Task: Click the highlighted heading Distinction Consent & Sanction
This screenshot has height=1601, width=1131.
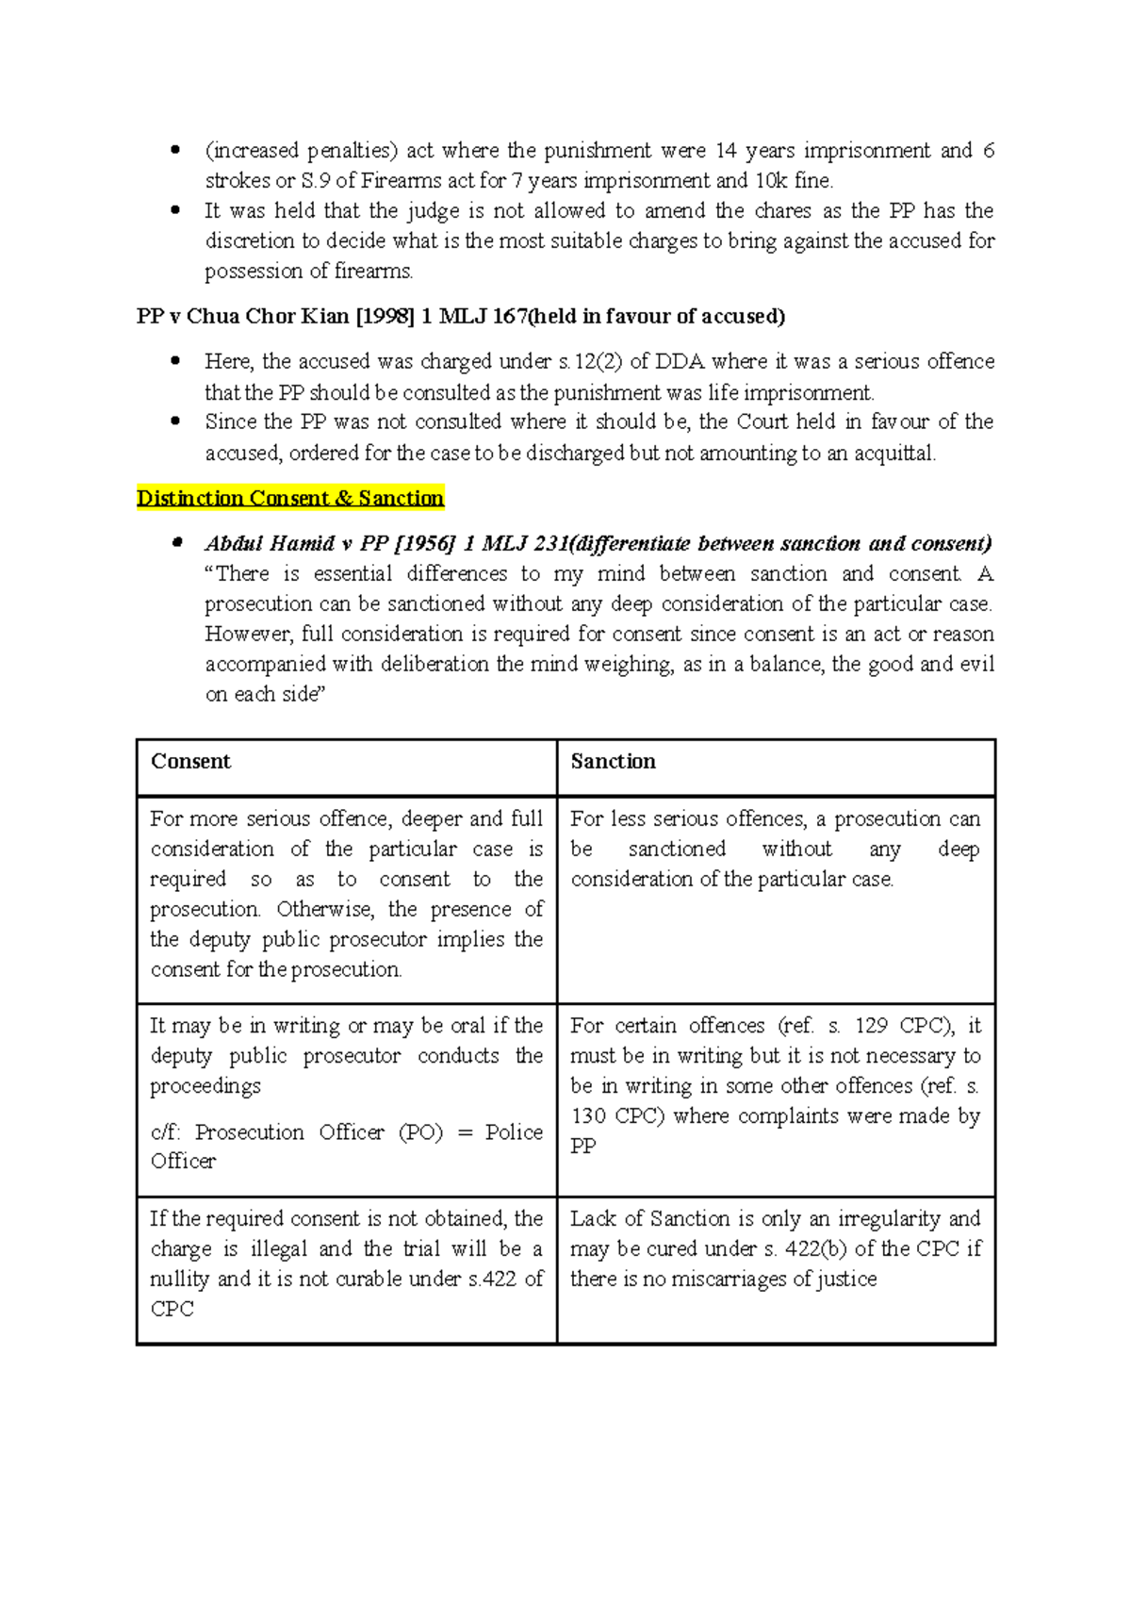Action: (x=289, y=498)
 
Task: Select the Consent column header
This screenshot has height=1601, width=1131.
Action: (x=190, y=761)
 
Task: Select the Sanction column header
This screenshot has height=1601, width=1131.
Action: (x=613, y=761)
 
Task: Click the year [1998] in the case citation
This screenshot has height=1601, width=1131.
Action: (x=385, y=316)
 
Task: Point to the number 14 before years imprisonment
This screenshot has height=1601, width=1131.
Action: (x=726, y=151)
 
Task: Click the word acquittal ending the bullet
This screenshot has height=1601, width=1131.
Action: (x=894, y=454)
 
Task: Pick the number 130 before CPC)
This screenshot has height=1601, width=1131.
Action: (x=588, y=1116)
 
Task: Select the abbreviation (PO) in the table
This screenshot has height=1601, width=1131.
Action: (x=421, y=1131)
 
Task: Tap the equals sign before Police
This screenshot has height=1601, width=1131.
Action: (x=464, y=1132)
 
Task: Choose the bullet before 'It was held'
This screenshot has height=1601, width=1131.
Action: (x=174, y=211)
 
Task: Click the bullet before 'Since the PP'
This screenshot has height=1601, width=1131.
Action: (x=174, y=421)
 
